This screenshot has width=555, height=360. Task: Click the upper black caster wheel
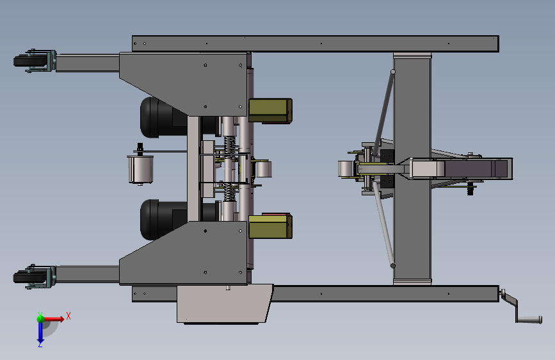31,61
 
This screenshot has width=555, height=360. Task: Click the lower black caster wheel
31,277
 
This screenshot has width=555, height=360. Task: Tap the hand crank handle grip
529,320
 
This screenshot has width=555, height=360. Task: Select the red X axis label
68,316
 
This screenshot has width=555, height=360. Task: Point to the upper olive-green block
270,111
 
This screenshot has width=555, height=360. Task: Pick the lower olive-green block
270,226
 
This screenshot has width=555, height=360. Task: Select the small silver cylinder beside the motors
141,169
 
